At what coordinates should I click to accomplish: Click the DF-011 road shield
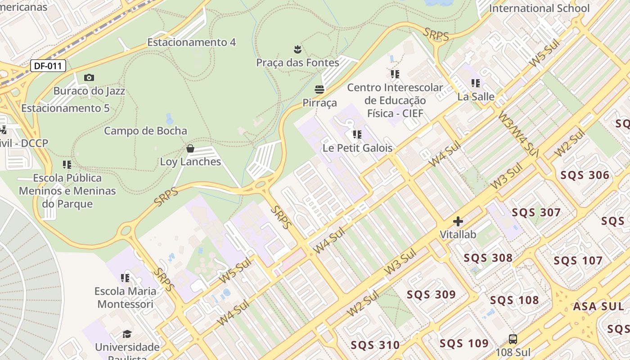(48, 66)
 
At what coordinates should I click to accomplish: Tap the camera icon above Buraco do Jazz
(89, 78)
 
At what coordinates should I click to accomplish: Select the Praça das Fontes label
(297, 63)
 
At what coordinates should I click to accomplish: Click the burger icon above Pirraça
(319, 89)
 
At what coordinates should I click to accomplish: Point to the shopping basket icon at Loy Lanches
(190, 148)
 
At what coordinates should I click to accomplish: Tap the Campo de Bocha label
(145, 131)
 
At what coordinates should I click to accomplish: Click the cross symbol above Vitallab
(458, 221)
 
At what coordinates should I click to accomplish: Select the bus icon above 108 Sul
(513, 339)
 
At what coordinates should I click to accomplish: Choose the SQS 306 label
(585, 175)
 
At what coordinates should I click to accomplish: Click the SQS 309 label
(431, 295)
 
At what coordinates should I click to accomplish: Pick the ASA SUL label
(598, 307)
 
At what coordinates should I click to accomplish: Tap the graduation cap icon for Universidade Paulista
(127, 334)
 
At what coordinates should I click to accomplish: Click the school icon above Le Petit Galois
(357, 135)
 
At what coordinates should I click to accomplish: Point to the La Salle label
(476, 97)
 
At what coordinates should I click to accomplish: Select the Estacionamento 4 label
(191, 42)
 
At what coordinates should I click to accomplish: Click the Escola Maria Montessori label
(126, 297)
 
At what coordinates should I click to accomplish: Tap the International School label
(539, 8)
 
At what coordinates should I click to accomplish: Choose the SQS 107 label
(578, 261)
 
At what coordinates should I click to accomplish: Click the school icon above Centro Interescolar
(395, 74)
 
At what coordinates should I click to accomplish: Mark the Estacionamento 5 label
(65, 108)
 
